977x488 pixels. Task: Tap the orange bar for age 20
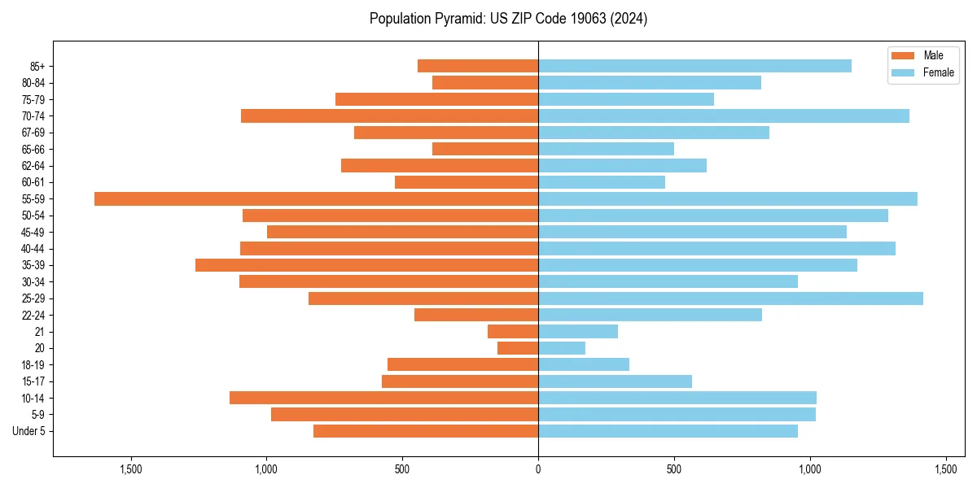(518, 348)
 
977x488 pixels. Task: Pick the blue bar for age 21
(578, 331)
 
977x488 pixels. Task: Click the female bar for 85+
(694, 66)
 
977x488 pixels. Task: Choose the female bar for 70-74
(724, 115)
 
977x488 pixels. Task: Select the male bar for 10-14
(383, 398)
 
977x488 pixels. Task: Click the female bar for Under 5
(668, 431)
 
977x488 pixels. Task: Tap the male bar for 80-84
(485, 82)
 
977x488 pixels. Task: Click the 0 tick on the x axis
(538, 469)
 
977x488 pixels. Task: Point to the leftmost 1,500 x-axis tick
(131, 469)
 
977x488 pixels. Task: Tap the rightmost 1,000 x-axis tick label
(809, 469)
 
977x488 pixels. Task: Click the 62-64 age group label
(33, 165)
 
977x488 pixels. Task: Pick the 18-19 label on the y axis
(33, 364)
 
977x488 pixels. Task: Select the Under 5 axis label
(28, 431)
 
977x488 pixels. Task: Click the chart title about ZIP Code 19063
(508, 18)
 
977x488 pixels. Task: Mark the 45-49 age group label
(33, 232)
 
